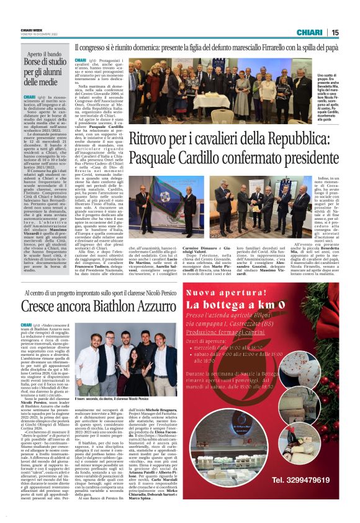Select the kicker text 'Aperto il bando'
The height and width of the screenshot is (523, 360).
(45, 53)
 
